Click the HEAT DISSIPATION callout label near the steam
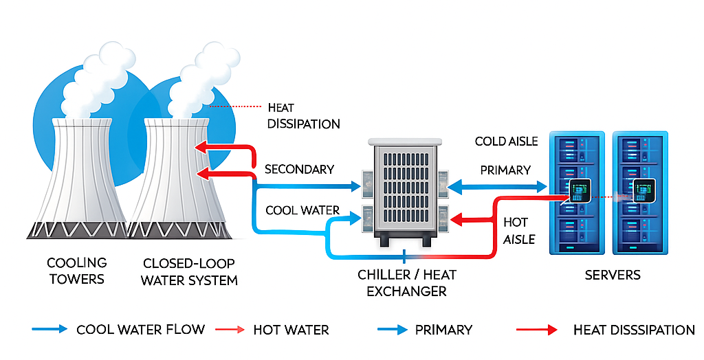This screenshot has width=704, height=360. pyautogui.click(x=303, y=115)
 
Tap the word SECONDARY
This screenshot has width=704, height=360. pyautogui.click(x=299, y=169)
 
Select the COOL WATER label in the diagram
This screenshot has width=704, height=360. pyautogui.click(x=302, y=210)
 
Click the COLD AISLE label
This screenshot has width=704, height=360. pyautogui.click(x=506, y=142)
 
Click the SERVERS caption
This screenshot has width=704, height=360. pyautogui.click(x=612, y=275)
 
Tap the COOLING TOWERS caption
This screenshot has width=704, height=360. pyautogui.click(x=76, y=271)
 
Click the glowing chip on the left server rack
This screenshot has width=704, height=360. pyautogui.click(x=577, y=192)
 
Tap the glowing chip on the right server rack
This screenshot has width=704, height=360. pyautogui.click(x=643, y=191)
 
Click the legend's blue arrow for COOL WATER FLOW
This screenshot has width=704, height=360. pyautogui.click(x=49, y=329)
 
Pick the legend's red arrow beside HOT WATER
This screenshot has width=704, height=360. pyautogui.click(x=230, y=330)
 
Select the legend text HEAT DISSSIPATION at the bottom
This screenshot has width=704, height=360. pyautogui.click(x=634, y=330)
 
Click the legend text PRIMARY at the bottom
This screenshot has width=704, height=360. pyautogui.click(x=443, y=330)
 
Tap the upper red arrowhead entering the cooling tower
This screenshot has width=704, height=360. pyautogui.click(x=201, y=146)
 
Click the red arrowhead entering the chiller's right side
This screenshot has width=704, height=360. pyautogui.click(x=458, y=220)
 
